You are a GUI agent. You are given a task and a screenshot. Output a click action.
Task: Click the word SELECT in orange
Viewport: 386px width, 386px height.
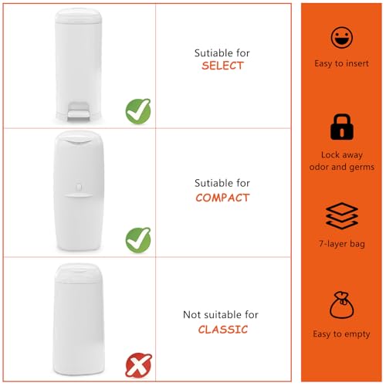[x=222, y=66]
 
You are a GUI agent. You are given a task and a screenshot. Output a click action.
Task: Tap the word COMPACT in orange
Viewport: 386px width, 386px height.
[x=222, y=198]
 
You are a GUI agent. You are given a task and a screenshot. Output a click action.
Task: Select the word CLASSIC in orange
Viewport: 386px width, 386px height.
[x=223, y=330]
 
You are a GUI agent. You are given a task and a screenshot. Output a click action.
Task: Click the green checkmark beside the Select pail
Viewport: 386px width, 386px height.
[x=138, y=111]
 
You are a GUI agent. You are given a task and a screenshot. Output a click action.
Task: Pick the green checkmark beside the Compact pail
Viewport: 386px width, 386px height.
[x=138, y=240]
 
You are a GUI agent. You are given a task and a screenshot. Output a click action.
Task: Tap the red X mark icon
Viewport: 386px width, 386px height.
[x=138, y=365]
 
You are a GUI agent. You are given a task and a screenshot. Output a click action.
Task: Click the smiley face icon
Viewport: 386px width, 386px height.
[x=342, y=38]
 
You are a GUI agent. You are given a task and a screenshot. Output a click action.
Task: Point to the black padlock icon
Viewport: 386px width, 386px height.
[x=342, y=127]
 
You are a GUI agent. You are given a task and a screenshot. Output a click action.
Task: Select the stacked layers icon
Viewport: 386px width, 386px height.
[x=342, y=215]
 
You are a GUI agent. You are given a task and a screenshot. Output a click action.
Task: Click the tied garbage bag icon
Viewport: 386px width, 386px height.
[x=342, y=305]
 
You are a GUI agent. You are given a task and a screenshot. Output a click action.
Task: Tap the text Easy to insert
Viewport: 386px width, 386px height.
[x=341, y=63]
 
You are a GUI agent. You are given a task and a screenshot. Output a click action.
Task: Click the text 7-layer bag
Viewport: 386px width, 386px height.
[x=342, y=244]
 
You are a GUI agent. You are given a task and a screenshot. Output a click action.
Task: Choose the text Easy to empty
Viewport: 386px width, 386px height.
[x=341, y=334]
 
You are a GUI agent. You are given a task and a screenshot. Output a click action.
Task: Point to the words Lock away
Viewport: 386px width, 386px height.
[x=342, y=155]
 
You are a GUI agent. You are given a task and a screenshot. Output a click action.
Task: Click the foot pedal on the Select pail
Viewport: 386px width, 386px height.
[x=78, y=112]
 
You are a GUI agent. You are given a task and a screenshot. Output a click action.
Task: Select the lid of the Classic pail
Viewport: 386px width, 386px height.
[x=78, y=273]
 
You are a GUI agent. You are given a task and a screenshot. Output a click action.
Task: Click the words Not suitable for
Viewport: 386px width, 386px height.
[x=221, y=315]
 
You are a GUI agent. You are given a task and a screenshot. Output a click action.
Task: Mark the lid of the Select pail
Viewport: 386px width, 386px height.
[x=78, y=15]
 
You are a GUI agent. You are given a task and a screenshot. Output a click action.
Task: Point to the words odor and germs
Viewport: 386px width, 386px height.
[x=342, y=167]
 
